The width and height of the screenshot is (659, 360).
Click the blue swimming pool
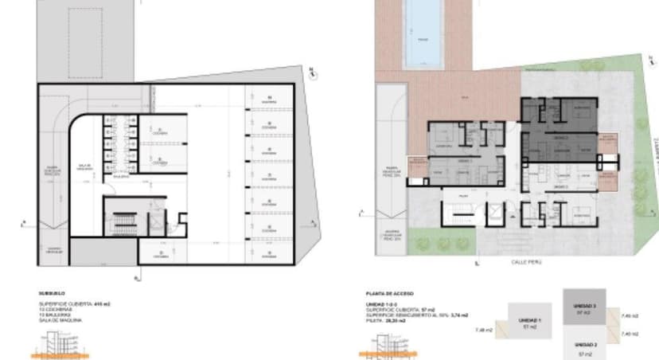click(421, 32)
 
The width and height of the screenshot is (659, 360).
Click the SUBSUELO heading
click(52, 294)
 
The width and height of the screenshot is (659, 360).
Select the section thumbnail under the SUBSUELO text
click(59, 343)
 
